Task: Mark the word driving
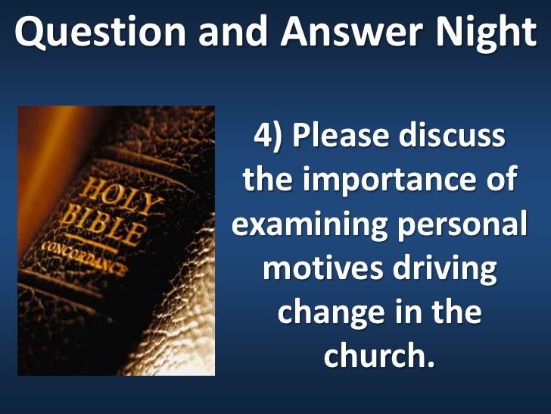click(441, 269)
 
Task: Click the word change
click(323, 312)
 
